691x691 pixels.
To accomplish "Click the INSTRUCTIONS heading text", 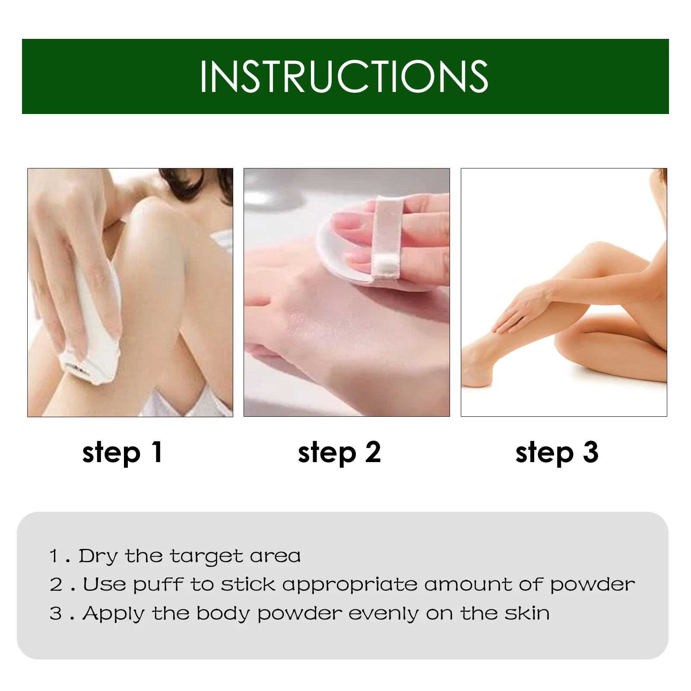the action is click(344, 76).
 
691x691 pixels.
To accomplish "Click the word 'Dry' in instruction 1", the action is click(98, 557).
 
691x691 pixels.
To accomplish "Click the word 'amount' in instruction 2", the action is click(468, 584).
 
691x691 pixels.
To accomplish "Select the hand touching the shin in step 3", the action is click(520, 309).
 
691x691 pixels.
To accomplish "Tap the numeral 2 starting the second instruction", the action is click(56, 585).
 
